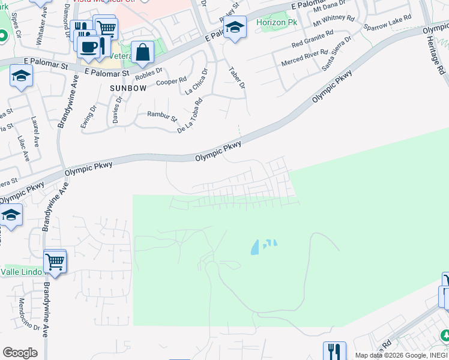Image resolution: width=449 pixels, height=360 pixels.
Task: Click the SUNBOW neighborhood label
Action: (128, 88)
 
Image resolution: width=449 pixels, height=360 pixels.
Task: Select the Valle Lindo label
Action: (21, 272)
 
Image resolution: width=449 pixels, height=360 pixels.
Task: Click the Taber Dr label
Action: (237, 77)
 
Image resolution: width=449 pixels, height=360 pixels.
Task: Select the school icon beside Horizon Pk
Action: (235, 28)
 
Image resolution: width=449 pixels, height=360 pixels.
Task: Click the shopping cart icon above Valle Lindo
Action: (55, 261)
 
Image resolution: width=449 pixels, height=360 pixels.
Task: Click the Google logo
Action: (20, 353)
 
